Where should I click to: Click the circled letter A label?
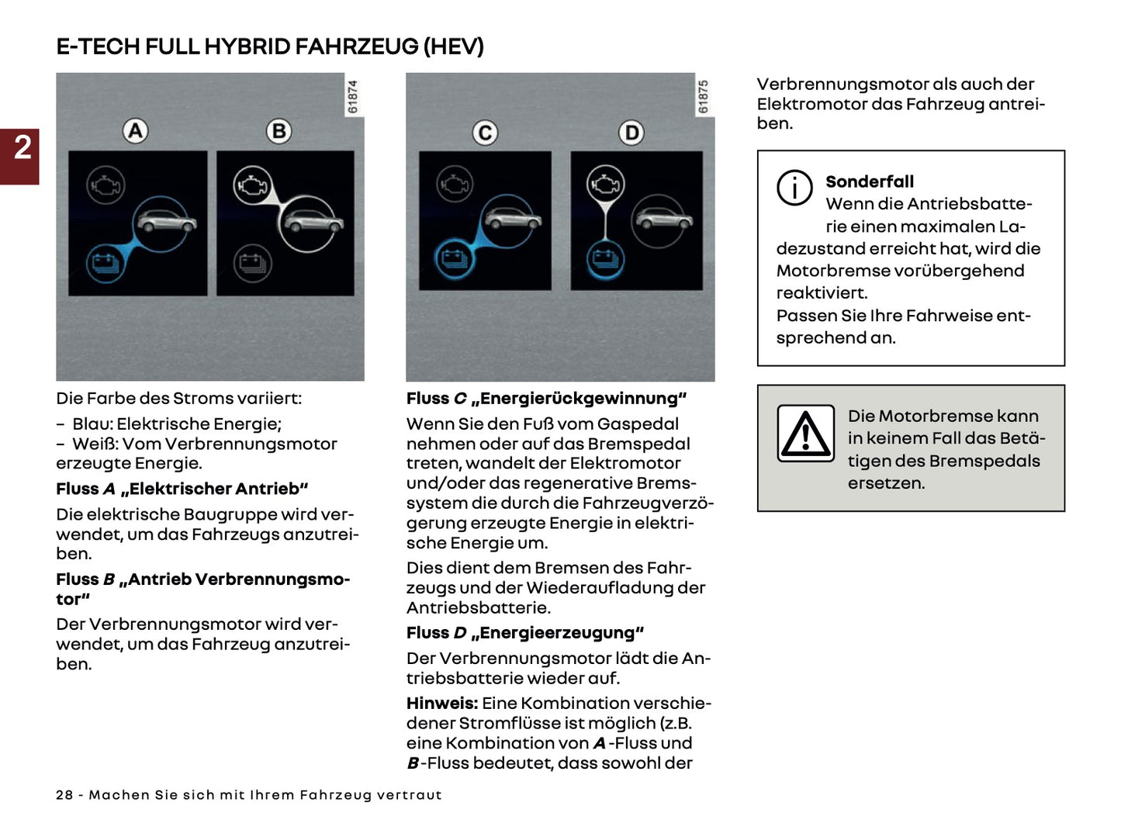coord(136,131)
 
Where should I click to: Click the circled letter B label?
coord(279,131)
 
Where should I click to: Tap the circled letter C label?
coord(486,133)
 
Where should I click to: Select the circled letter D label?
coord(631,133)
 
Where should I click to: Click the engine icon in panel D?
coord(605,185)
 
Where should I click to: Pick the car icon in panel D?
coord(663,220)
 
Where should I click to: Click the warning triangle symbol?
coord(806,434)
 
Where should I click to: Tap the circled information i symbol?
coord(794,188)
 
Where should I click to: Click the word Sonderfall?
coord(870,182)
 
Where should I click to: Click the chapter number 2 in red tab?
coord(22,147)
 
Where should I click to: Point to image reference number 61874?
coord(353,97)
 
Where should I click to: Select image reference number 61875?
coord(704,97)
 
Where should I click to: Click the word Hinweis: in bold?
coord(442,704)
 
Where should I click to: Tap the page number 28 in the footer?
coord(64,795)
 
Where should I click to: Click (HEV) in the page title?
coord(453,47)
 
